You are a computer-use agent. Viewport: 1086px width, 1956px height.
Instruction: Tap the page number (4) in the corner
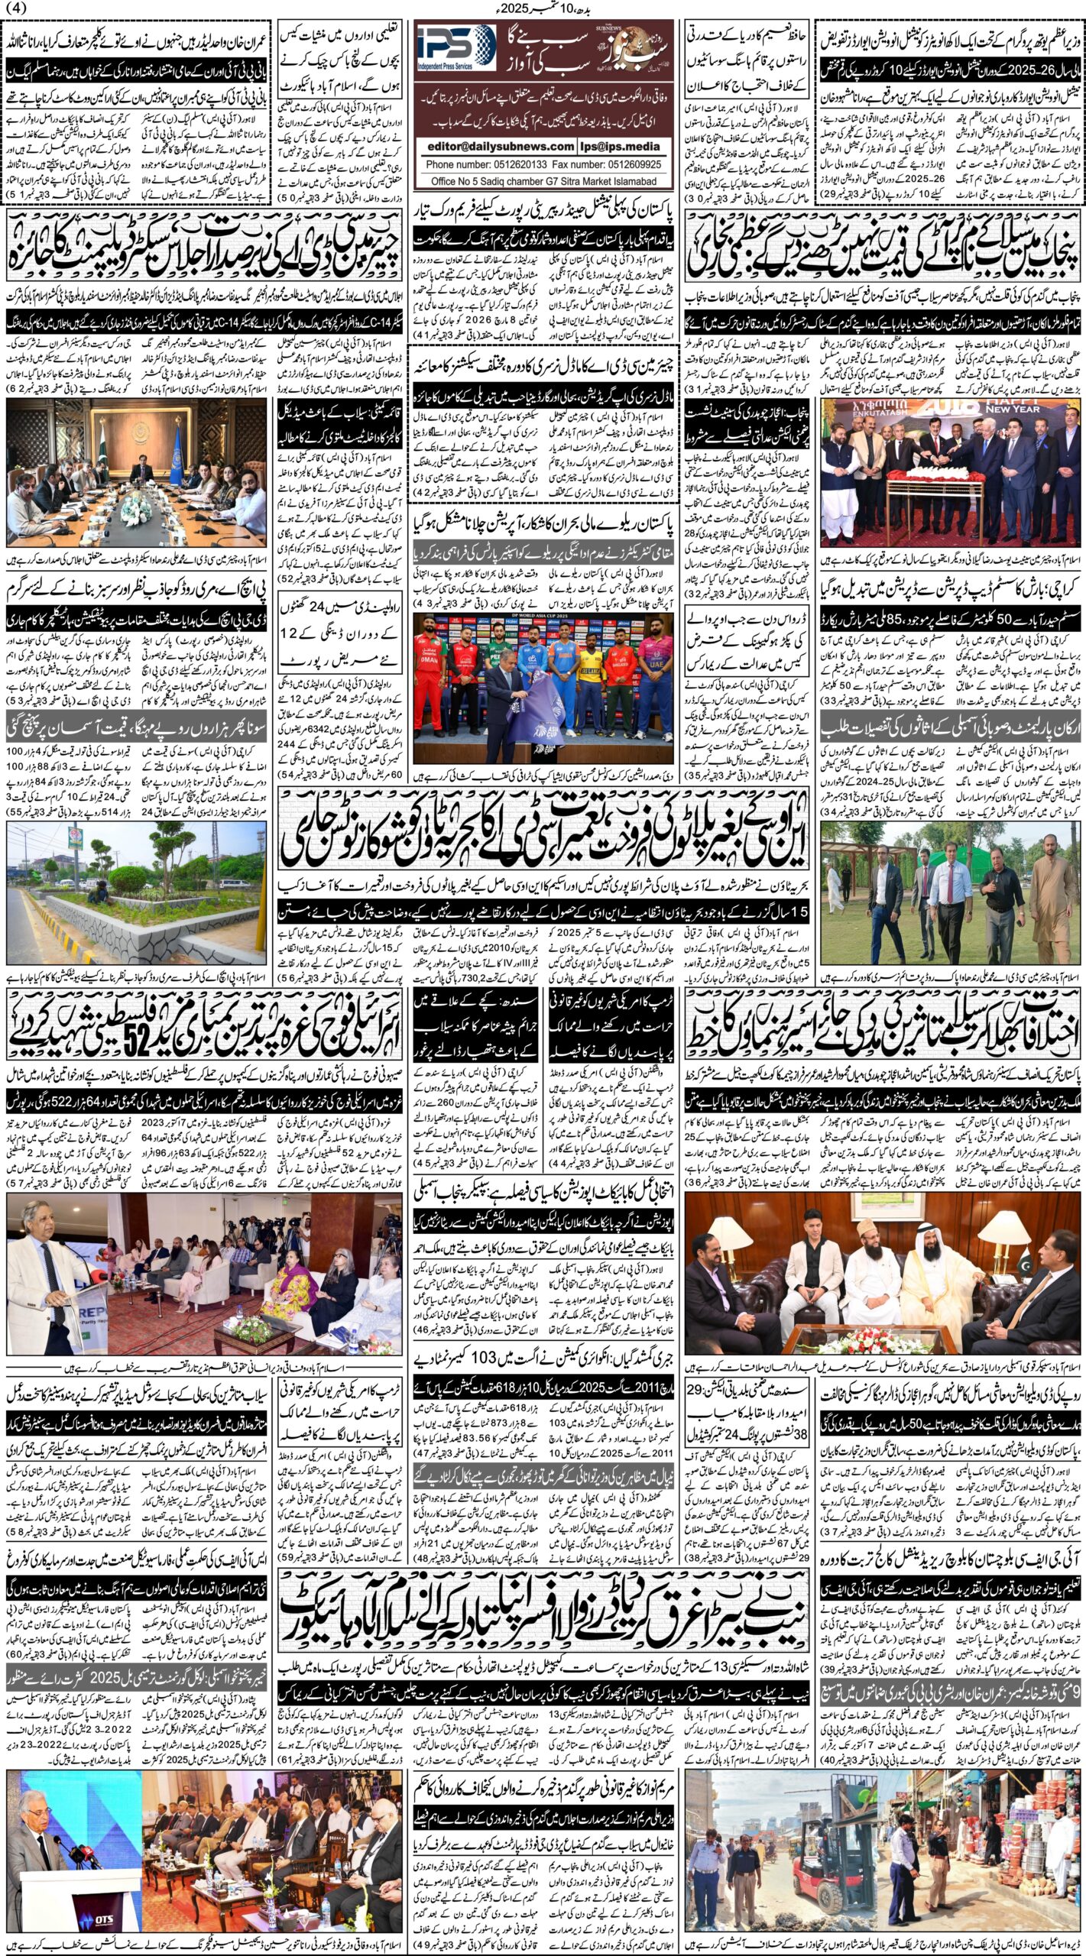16,8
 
